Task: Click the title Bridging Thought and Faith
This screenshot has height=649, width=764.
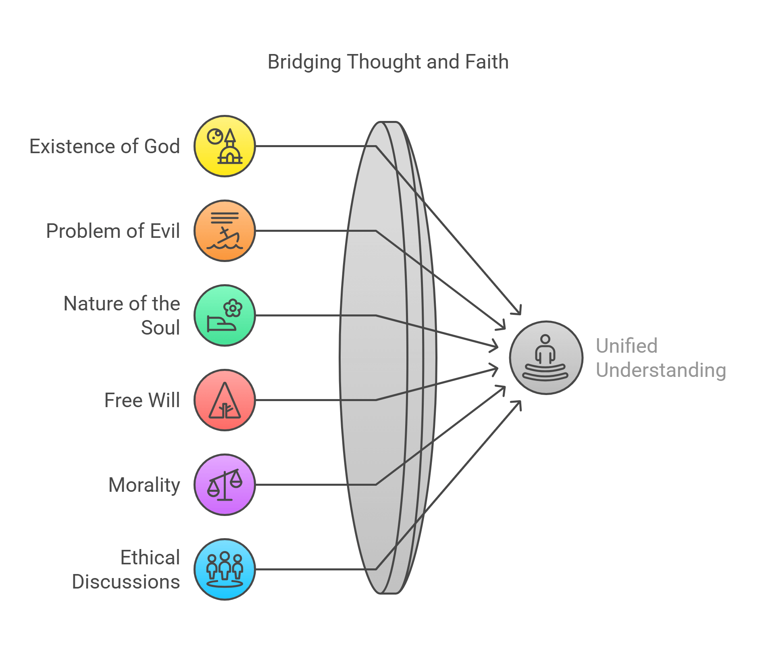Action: (x=388, y=62)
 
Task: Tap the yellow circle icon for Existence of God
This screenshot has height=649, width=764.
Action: (x=225, y=146)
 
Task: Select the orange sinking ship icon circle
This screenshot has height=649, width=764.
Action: (x=225, y=231)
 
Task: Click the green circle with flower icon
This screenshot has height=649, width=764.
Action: (x=225, y=315)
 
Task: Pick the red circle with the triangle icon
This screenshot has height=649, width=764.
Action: (x=225, y=400)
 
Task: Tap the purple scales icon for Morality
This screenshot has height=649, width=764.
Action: (x=225, y=485)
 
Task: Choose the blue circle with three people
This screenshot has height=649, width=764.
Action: (x=225, y=569)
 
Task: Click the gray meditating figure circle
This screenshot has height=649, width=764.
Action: (x=546, y=358)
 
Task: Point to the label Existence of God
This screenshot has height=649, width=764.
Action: (x=104, y=146)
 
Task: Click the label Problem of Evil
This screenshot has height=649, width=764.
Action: (x=113, y=231)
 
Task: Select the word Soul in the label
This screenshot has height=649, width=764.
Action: (x=160, y=328)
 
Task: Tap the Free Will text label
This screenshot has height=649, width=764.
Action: (x=142, y=400)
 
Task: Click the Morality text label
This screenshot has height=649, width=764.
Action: (x=144, y=485)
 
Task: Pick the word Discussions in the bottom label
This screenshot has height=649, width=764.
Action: (x=126, y=582)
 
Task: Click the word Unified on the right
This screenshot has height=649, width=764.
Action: (x=627, y=346)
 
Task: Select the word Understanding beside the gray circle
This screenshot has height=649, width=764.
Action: (x=661, y=370)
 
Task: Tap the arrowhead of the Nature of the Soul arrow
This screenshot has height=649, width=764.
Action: (x=495, y=346)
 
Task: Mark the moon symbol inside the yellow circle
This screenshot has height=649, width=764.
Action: (x=215, y=136)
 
